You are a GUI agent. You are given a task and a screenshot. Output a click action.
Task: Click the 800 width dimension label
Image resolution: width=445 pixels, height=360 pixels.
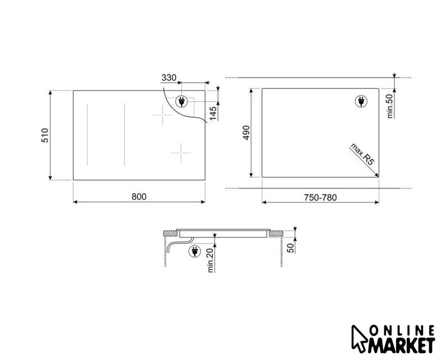coord(139,197)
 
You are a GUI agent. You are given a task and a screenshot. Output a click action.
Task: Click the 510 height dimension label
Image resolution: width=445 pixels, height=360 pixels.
coord(45,135)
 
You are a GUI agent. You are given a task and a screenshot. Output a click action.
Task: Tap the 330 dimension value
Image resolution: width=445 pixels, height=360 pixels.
coord(169,78)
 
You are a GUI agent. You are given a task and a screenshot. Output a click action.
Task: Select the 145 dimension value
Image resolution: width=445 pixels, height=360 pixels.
coord(213,112)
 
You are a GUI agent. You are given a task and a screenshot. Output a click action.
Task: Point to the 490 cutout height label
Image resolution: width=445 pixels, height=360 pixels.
coord(246,132)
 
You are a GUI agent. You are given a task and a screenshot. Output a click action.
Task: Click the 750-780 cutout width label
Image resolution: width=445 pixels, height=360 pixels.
coord(321,197)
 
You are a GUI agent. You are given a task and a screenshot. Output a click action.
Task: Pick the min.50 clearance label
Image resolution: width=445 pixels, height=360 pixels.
coord(390,106)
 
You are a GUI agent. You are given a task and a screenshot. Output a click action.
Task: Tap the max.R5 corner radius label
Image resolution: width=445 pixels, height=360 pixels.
coord(362,154)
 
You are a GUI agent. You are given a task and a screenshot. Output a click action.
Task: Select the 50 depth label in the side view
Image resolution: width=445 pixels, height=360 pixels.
coord(291,248)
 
